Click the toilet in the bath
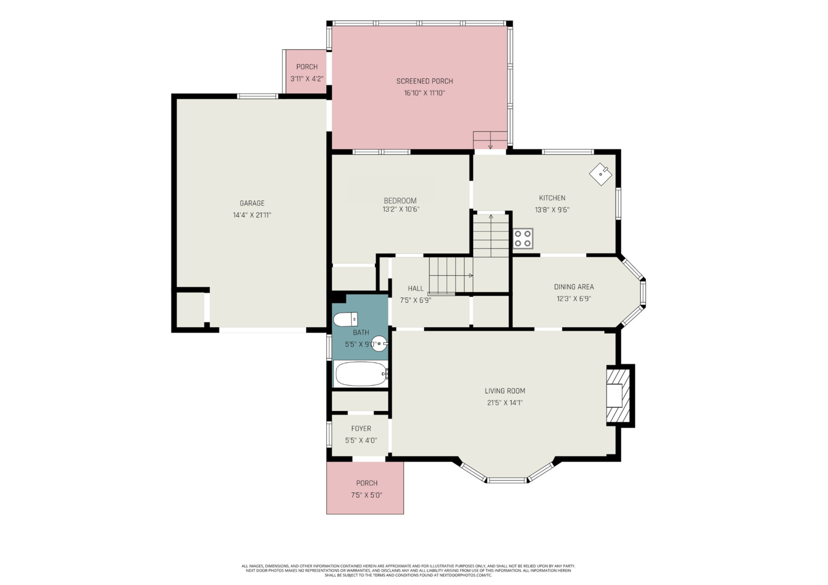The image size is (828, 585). tap(346, 319)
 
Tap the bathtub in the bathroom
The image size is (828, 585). tap(361, 374)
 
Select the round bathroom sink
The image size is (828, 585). tap(379, 343)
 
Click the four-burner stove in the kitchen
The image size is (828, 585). tap(523, 238)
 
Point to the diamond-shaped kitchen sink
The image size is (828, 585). tap(600, 174)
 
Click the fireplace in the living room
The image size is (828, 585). tap(620, 396)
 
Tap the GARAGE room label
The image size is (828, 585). tap(252, 203)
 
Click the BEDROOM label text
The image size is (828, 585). tap(400, 200)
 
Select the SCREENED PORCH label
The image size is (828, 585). tap(424, 81)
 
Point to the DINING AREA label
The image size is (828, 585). tap(574, 287)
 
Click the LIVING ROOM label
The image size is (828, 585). tap(505, 391)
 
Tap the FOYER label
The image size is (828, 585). tap(361, 428)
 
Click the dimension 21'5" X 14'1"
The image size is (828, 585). tap(505, 402)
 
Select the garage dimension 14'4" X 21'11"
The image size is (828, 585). tap(252, 214)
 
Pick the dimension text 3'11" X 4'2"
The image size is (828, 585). tap(307, 79)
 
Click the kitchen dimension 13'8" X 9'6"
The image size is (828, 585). tap(552, 210)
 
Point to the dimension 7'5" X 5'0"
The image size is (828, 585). tap(367, 495)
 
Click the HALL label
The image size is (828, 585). tap(416, 288)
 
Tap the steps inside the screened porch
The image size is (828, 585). tap(490, 140)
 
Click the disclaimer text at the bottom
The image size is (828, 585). tap(409, 570)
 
